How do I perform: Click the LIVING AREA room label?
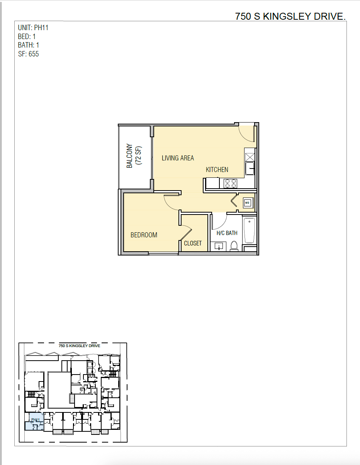pos(178,158)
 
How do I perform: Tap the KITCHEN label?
pos(217,170)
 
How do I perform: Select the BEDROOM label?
pos(144,235)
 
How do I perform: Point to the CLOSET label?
pos(193,243)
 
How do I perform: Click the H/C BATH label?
pos(227,233)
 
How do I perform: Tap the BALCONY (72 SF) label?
pos(134,156)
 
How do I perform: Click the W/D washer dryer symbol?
pos(247,203)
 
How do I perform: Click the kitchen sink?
pos(250,168)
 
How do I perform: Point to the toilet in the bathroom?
pos(234,246)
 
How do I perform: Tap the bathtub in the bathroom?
pos(250,231)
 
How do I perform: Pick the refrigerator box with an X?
pos(250,157)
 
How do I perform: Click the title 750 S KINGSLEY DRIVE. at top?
pos(290,16)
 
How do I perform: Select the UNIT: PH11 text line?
pos(33,28)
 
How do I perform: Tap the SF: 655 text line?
pos(29,54)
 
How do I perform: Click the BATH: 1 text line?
pos(29,45)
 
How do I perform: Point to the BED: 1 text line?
pos(27,37)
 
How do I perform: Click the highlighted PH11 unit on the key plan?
pos(35,421)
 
